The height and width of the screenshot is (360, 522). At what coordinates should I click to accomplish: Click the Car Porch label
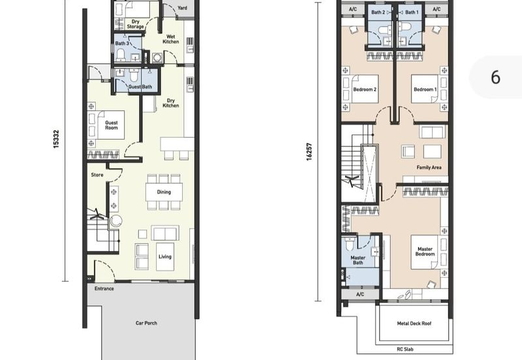tap(146, 323)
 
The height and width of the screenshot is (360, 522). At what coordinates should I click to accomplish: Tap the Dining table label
tap(164, 192)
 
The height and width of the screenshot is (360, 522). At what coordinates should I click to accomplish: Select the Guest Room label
tap(112, 125)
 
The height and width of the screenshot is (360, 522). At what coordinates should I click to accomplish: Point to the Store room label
tap(97, 175)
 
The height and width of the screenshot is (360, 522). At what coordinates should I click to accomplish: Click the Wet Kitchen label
tap(171, 39)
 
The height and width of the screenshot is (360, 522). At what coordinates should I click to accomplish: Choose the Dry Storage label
tap(135, 24)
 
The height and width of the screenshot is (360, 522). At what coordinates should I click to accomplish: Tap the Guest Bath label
tap(140, 87)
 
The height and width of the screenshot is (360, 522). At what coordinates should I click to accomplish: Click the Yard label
tap(183, 8)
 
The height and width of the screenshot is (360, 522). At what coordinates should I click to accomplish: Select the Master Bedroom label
tap(425, 251)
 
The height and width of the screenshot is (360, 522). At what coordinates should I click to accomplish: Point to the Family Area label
tap(429, 168)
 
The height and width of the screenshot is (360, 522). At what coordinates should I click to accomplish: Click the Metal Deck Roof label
tap(414, 323)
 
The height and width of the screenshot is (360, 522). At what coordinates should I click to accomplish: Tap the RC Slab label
tap(405, 349)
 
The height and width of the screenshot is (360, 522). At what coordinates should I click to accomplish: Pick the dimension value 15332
tap(56, 139)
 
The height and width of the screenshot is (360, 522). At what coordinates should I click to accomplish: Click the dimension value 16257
tap(309, 152)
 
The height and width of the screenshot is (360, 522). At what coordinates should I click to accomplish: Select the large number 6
tap(496, 77)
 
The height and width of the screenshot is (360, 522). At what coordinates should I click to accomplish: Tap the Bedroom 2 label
tap(365, 89)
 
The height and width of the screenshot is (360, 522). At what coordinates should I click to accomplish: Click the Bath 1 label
tap(412, 12)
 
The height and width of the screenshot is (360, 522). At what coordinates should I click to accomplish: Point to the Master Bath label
tap(358, 260)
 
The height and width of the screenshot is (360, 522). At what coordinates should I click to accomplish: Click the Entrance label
tap(104, 288)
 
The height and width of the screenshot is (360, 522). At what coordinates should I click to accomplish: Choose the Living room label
tap(165, 256)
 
